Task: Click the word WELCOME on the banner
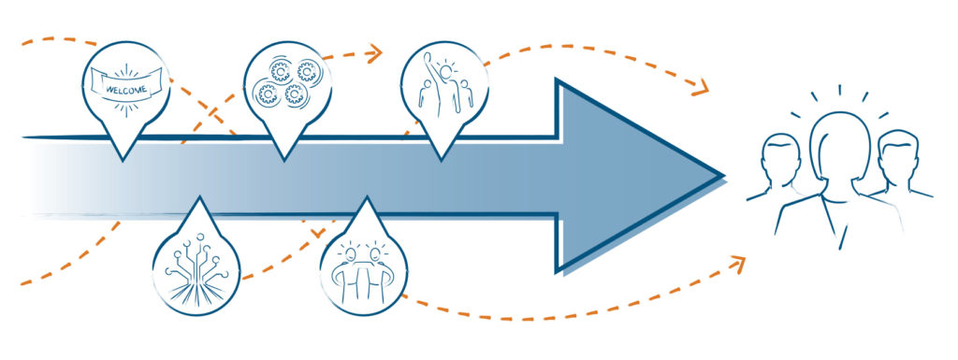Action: click(x=123, y=90)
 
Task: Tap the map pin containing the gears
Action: click(x=283, y=84)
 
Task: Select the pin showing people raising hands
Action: click(x=442, y=84)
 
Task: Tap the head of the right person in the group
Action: click(x=893, y=154)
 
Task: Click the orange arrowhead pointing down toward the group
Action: click(x=698, y=90)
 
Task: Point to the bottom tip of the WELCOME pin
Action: click(x=123, y=158)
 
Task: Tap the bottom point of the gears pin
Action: click(x=283, y=158)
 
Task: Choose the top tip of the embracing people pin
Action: click(x=367, y=198)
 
